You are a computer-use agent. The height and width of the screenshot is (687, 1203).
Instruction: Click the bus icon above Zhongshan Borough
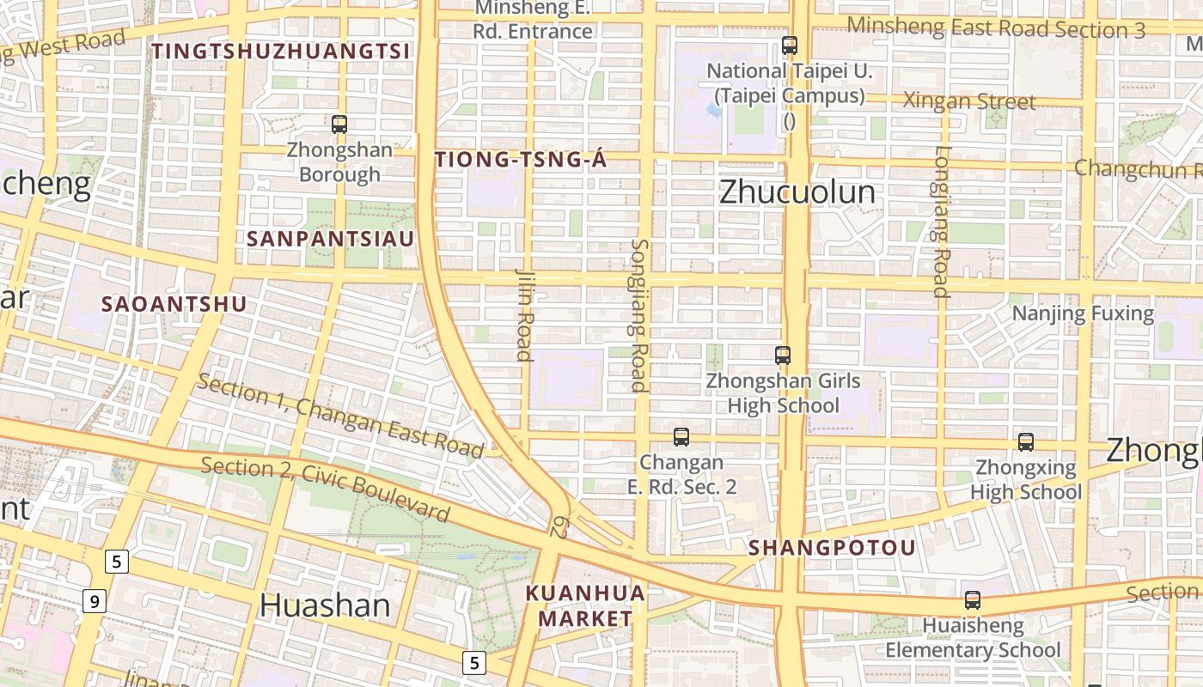point(339,125)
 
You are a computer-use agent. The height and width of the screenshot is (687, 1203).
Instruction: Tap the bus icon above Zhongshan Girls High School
point(783,355)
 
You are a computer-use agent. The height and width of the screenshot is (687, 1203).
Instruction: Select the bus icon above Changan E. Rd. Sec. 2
point(681,437)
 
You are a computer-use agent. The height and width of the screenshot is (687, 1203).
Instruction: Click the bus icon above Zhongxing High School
point(1026,442)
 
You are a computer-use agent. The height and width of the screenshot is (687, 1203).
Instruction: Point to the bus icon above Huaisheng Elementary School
point(973,600)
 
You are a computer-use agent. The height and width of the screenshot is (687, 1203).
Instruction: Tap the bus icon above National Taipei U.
point(790,46)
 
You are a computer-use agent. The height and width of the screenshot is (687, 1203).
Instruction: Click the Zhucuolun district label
point(797,192)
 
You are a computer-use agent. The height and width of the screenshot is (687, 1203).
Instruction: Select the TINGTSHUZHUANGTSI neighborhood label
point(282,52)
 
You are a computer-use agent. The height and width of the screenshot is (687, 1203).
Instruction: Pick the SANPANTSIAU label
point(330,239)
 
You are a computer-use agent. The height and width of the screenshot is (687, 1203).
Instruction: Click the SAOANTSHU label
point(174,304)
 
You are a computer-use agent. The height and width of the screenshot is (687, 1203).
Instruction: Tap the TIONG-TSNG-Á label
point(521,160)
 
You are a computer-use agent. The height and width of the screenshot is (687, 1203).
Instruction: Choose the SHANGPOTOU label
point(832,548)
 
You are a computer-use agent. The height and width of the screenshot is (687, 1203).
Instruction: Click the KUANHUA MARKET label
point(585,605)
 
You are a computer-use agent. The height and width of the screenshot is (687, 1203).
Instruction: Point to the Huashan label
point(325,605)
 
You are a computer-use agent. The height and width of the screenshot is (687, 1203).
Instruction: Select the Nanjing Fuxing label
point(1083,313)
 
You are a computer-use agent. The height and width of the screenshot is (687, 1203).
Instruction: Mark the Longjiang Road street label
point(943,222)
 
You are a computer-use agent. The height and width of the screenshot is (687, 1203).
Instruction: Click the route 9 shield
point(95,600)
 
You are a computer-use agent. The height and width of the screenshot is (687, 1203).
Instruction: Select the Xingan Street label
point(969,101)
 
